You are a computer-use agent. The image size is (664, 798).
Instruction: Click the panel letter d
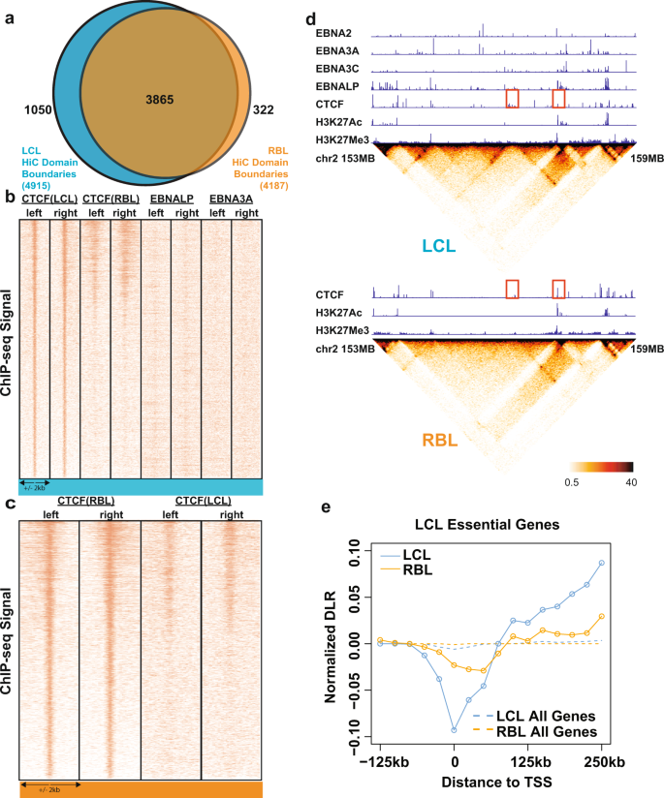[310, 18]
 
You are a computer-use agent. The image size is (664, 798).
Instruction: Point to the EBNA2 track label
[339, 33]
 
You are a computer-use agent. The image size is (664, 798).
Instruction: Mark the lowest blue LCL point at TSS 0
[454, 729]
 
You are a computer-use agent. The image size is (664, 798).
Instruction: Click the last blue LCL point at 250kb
[602, 563]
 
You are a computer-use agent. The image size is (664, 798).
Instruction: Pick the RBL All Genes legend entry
[547, 732]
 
